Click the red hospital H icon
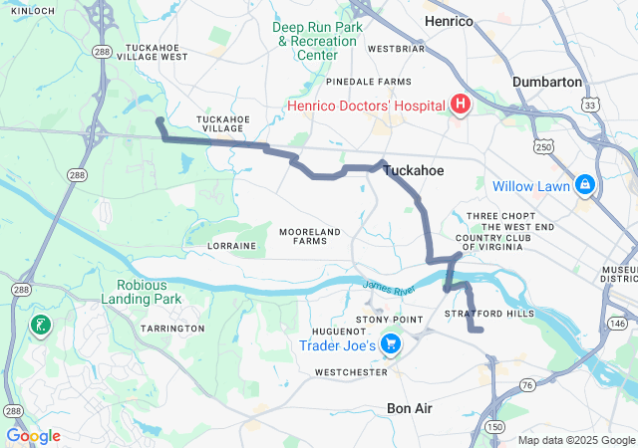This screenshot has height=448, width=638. [460, 105]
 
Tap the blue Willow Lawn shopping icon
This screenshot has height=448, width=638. [583, 185]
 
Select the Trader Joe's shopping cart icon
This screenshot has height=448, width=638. [391, 345]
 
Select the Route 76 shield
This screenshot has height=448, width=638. [527, 384]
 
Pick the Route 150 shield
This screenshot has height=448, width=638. [494, 427]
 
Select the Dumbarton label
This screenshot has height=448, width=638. [546, 82]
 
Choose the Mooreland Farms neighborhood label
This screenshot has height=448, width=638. [309, 236]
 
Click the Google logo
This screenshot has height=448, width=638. [33, 436]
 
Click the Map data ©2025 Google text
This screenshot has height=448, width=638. [575, 440]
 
